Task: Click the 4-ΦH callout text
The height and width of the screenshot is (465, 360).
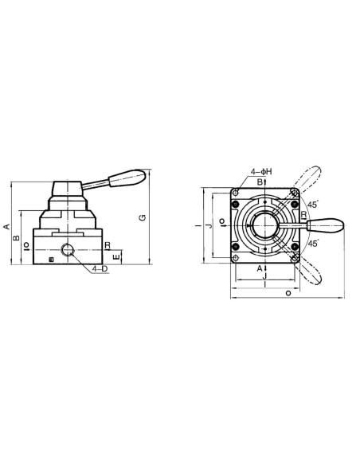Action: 261,172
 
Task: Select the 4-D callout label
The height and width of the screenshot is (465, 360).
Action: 100,269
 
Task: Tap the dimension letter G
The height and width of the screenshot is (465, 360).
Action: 143,217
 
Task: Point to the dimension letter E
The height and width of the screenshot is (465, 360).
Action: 117,256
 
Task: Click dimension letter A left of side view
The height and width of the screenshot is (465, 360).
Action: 6,227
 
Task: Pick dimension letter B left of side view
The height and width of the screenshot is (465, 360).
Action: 17,237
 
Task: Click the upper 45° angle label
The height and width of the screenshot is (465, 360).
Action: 313,205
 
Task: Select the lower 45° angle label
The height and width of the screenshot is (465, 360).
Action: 313,244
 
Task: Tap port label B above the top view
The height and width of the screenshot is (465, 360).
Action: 260,182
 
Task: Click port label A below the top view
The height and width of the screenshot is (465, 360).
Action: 260,268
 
